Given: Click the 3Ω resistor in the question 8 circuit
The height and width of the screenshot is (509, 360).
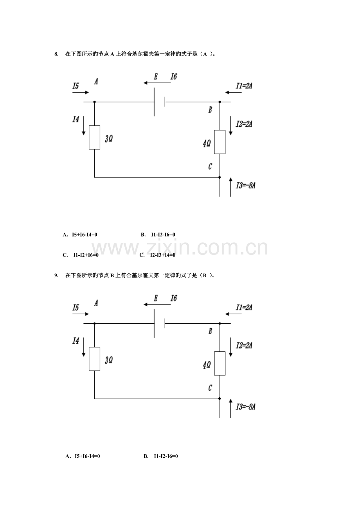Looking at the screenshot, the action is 94,137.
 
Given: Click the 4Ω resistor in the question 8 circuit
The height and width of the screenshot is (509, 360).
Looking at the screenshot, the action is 220,142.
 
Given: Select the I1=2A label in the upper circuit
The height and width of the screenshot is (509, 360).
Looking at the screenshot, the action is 244,86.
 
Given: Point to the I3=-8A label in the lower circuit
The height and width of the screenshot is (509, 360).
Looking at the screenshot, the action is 246,407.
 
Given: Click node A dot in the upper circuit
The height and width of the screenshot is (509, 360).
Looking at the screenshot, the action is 95,102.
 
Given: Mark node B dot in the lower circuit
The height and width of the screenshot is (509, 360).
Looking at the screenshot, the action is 220,323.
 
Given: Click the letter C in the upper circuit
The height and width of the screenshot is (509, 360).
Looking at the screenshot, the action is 210,167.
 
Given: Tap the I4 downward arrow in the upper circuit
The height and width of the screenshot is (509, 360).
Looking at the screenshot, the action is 84,125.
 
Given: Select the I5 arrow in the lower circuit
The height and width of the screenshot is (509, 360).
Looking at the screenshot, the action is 81,314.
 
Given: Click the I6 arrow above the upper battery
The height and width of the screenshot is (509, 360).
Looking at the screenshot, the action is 157,83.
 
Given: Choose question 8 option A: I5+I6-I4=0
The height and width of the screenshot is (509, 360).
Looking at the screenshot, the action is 80,235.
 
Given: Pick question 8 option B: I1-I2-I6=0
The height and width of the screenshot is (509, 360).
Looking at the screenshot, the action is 158,235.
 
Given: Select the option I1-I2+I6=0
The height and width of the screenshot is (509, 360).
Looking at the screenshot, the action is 81,255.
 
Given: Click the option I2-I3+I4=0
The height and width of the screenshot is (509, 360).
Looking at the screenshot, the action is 158,255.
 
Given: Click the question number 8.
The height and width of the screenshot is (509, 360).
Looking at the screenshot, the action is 56,54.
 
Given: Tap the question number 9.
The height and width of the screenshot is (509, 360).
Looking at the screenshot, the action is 56,276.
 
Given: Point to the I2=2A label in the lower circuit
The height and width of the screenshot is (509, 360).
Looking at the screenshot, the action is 244,346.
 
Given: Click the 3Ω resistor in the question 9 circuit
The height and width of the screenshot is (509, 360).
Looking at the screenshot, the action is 94,359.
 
